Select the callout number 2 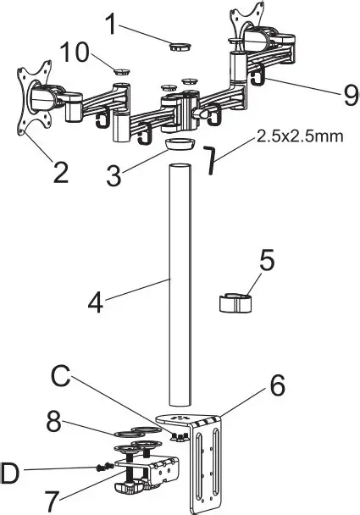coord(60,172)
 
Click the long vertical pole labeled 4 coord(180,288)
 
